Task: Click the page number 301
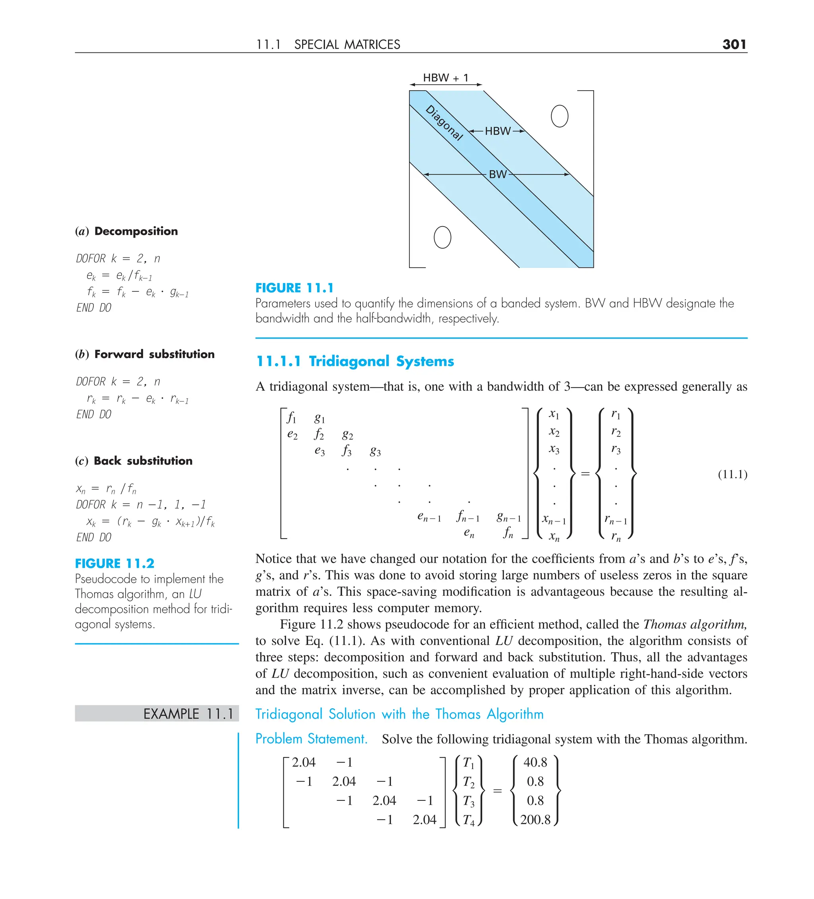(734, 44)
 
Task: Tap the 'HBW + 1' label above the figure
(445, 78)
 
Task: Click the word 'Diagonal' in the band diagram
(444, 123)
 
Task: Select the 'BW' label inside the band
(497, 174)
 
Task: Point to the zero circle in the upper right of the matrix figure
(559, 116)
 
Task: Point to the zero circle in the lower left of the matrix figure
(442, 237)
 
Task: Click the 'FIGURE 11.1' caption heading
(295, 288)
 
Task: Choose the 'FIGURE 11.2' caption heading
(114, 564)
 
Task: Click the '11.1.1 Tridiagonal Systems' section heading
(355, 361)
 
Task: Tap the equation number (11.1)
(733, 474)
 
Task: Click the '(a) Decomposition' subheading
(127, 231)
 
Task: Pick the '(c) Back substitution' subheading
(134, 461)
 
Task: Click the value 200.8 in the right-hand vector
(535, 820)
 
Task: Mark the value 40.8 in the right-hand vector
(535, 762)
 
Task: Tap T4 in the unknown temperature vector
(468, 820)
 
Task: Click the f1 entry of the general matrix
(291, 418)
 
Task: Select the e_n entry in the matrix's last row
(469, 533)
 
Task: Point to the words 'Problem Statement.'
(311, 739)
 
